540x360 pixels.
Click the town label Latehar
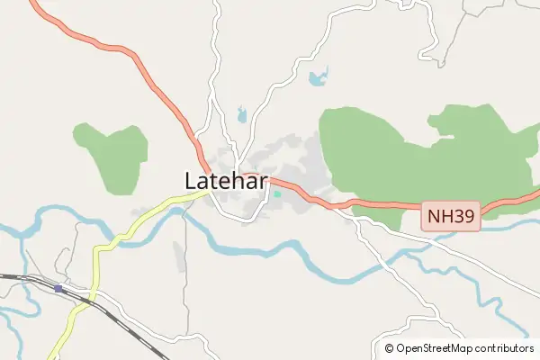point(227,180)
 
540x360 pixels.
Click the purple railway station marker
point(58,288)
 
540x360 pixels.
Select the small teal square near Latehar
point(277,193)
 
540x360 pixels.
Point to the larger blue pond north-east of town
point(317,78)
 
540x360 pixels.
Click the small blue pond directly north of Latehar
point(240,114)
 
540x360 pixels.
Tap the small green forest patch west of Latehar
point(112,157)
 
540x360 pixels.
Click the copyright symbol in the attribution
point(389,348)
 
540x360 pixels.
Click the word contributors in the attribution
point(505,348)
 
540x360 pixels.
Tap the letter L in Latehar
point(192,180)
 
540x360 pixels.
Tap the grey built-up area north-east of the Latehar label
point(292,162)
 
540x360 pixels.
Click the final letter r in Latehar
point(265,182)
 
